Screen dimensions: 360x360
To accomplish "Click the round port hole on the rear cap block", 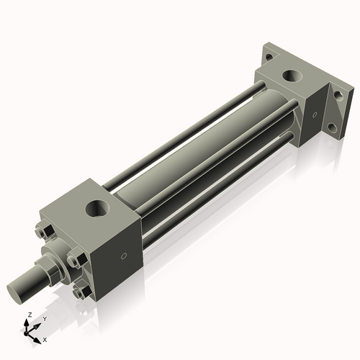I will coord(292,74).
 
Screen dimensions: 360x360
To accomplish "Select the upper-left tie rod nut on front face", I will coord(41,232).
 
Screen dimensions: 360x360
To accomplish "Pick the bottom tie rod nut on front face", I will coord(80,292).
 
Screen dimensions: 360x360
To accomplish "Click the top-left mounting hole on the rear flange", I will coord(268,56).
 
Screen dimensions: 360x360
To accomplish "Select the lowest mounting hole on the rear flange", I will coord(332,130).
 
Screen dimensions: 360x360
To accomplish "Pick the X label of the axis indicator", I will coord(45,338).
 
